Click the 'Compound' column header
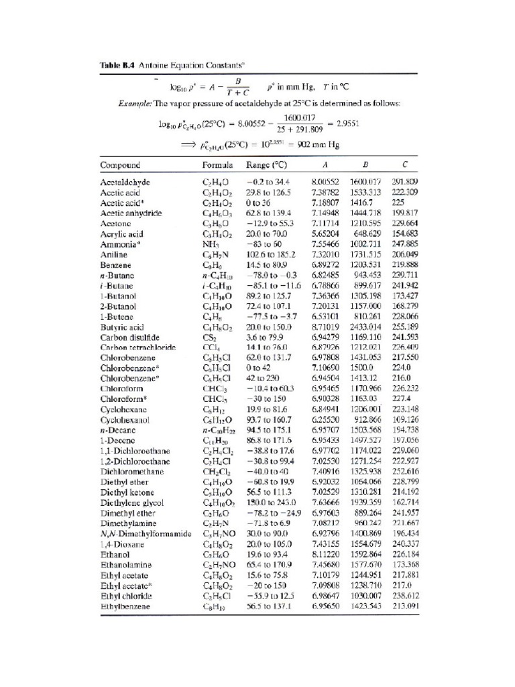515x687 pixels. click(120, 164)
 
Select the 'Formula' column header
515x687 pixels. click(217, 164)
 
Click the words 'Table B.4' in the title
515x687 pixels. click(117, 65)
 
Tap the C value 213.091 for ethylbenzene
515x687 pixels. click(404, 606)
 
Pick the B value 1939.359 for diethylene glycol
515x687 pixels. click(365, 502)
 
